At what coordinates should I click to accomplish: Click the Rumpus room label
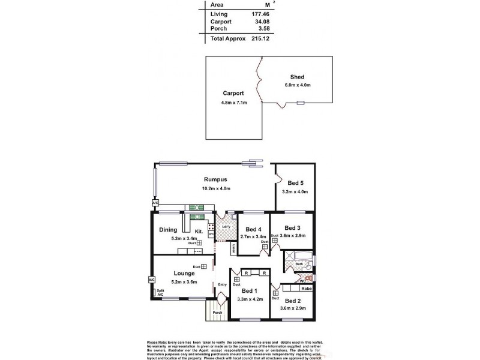tap(214, 179)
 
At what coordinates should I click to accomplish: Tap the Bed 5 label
tap(295, 182)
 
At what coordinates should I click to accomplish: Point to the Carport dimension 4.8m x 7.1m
tap(233, 103)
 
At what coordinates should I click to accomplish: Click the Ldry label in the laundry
tap(227, 226)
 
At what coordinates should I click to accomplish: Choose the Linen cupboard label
tap(233, 248)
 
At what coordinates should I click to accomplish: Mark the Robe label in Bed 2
tap(306, 289)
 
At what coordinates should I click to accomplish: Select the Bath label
tap(299, 264)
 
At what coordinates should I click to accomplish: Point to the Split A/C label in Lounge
tap(160, 293)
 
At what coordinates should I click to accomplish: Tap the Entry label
tap(221, 284)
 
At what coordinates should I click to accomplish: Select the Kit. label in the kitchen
tap(198, 231)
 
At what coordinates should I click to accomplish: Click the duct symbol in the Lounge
tap(204, 266)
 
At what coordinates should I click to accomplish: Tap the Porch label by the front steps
tap(217, 312)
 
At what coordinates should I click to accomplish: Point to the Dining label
tap(169, 229)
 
